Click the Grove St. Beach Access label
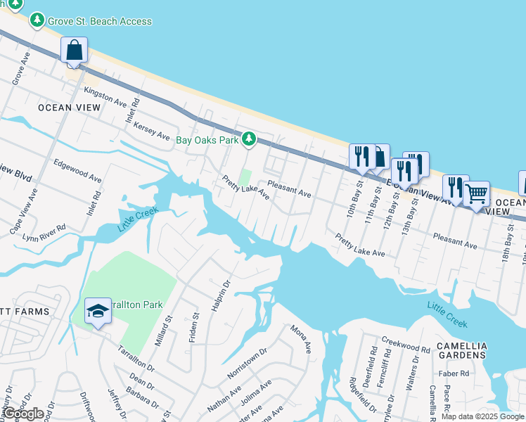click(x=99, y=21)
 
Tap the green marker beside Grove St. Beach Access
click(x=37, y=20)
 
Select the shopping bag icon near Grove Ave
click(x=74, y=51)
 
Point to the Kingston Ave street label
click(x=104, y=97)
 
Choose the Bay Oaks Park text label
click(x=207, y=140)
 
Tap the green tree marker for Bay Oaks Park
click(x=248, y=139)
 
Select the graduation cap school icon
click(x=98, y=310)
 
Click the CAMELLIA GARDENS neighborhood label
click(x=461, y=350)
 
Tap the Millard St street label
click(x=163, y=331)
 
